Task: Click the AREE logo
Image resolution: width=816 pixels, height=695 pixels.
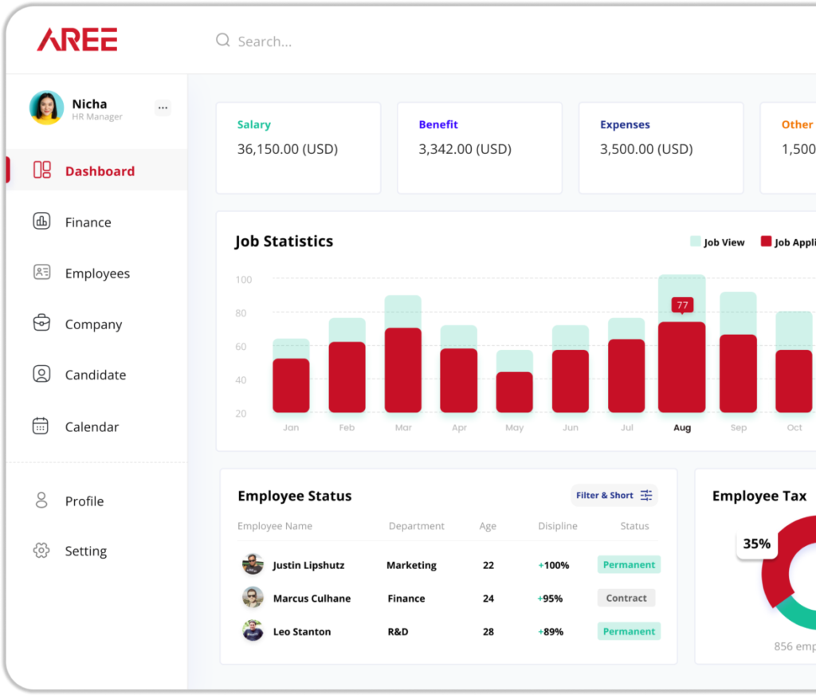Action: point(77,40)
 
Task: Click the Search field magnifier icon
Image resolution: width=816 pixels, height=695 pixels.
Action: point(223,41)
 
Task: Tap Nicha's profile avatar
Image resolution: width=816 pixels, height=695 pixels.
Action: point(46,108)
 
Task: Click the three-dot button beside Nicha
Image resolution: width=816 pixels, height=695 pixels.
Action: point(163,108)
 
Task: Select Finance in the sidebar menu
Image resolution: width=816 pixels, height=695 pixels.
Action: point(88,222)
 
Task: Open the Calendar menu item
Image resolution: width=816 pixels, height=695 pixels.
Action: point(92,426)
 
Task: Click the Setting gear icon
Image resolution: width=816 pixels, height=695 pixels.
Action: point(41,551)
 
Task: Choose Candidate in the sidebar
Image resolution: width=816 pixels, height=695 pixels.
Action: point(95,375)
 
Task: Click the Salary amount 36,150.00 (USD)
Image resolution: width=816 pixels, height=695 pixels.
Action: point(288,149)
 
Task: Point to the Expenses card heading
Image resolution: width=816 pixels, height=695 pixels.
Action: point(625,124)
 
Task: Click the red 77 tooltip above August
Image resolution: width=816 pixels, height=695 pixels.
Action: point(681,305)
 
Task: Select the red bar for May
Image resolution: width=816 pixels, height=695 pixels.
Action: point(514,391)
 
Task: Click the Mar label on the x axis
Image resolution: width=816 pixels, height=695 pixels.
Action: point(403,428)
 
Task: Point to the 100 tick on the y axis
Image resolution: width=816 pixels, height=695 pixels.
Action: point(244,280)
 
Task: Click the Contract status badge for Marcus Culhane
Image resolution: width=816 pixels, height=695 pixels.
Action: point(626,598)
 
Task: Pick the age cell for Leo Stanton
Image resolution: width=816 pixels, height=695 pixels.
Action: point(488,631)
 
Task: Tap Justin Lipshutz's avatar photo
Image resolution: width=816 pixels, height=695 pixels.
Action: point(253,564)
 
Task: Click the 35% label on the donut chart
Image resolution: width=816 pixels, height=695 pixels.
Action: point(756,544)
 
